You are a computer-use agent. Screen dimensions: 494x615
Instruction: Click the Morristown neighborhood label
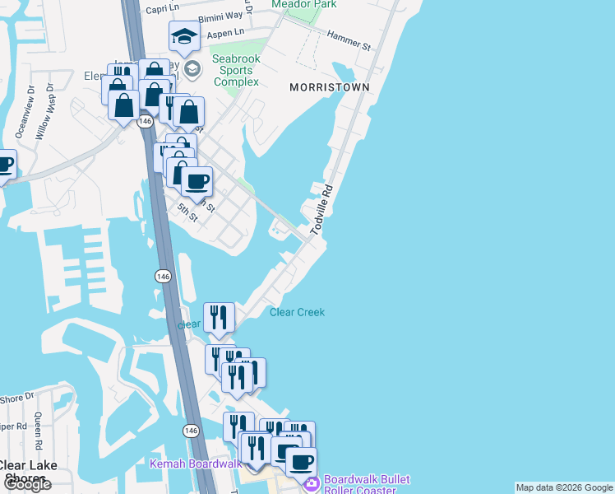coord(329,87)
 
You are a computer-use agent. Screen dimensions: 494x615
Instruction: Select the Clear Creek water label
coord(297,312)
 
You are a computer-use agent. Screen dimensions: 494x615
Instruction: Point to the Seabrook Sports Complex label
coord(236,70)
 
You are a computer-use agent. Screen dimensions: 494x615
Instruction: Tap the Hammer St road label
coord(349,36)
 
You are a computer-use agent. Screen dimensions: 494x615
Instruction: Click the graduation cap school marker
coord(184,36)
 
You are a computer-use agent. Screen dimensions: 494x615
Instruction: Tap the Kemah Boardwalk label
coord(196,464)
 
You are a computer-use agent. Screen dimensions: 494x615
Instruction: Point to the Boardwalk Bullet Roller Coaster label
coord(367,486)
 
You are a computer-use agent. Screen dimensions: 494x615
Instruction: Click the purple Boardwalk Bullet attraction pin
coord(311,485)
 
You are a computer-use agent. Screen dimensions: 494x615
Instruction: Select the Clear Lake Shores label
coord(29,472)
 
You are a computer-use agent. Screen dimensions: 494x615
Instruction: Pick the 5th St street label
coord(187,212)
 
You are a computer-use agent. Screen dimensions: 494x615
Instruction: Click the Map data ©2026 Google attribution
coord(564,487)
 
